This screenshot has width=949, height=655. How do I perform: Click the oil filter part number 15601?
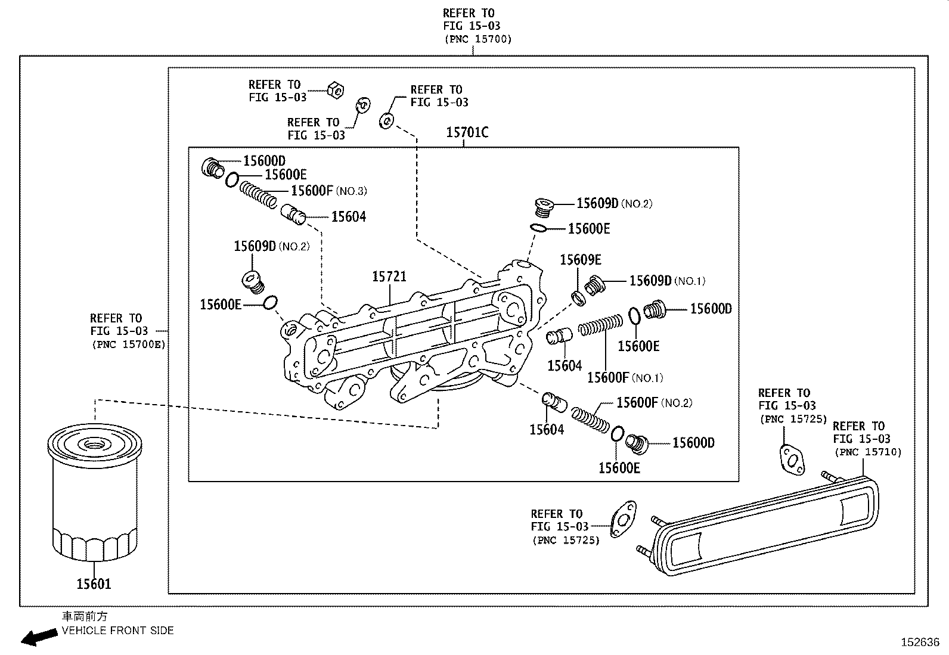(94, 584)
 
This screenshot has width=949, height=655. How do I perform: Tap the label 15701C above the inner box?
(467, 133)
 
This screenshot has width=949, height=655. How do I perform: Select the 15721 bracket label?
(389, 277)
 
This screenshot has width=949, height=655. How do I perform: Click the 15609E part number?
(581, 260)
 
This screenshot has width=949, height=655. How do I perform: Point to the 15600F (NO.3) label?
(329, 191)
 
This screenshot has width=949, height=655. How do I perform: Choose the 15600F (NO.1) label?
(625, 377)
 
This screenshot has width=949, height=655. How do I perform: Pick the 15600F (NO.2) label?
(654, 402)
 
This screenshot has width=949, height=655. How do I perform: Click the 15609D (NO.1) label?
(667, 281)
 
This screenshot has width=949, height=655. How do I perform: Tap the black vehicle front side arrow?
(39, 637)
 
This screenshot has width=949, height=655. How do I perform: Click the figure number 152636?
(920, 642)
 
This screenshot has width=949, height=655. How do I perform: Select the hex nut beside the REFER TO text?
(336, 90)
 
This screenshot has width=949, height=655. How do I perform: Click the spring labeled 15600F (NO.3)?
(258, 194)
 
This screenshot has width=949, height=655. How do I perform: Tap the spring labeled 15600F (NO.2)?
(590, 420)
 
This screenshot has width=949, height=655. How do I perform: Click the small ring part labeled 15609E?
(579, 299)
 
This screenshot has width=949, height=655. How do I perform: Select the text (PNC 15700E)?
(129, 344)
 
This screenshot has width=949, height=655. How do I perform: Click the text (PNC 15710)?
(868, 452)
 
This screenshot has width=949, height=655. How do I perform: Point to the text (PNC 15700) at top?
(478, 39)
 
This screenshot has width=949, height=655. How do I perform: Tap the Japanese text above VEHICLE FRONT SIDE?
(85, 616)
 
